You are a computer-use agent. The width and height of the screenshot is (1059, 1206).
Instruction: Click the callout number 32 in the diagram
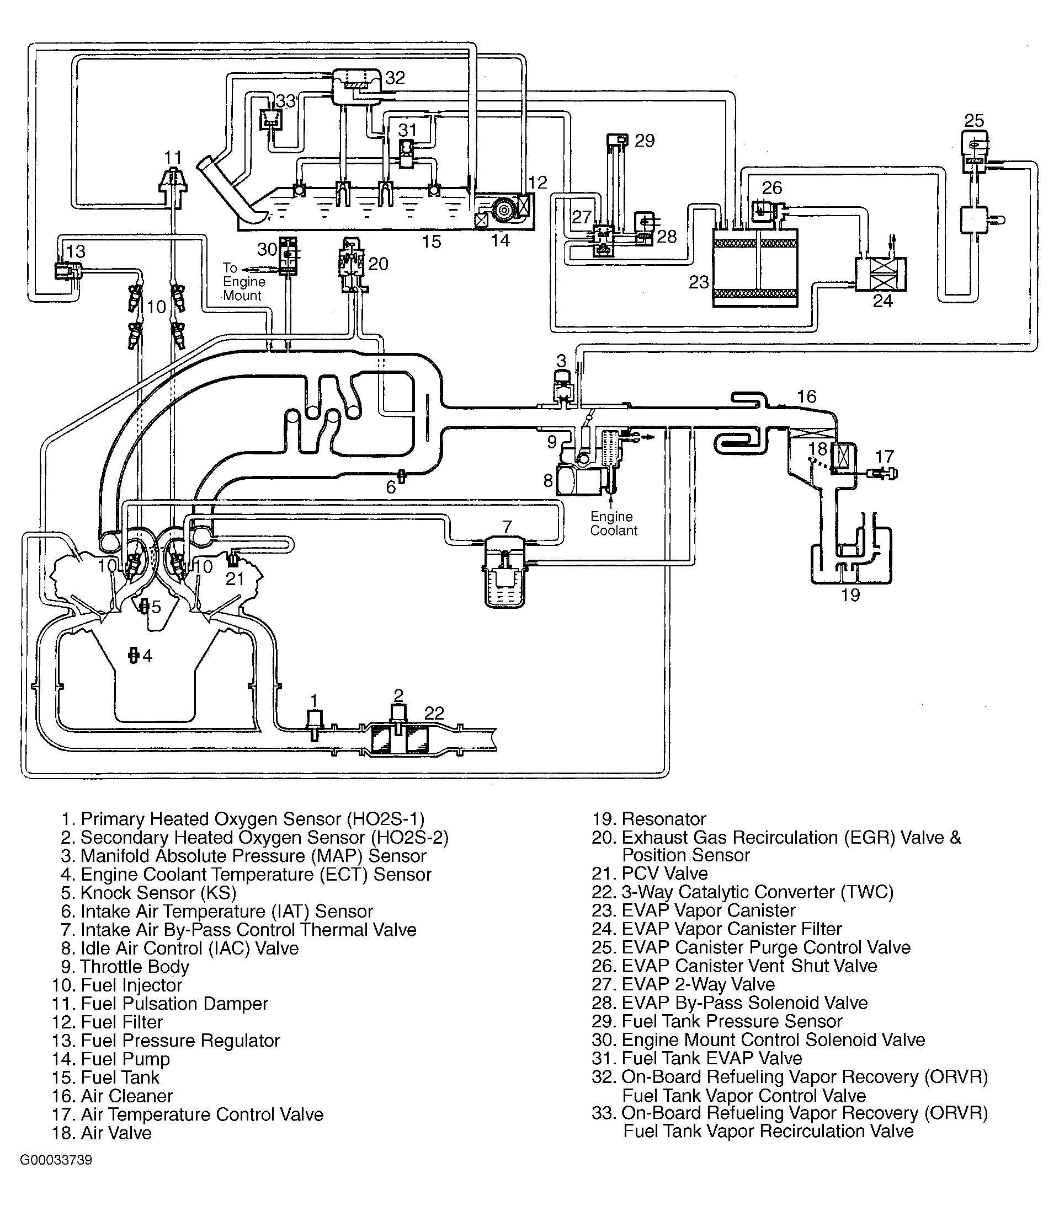(395, 78)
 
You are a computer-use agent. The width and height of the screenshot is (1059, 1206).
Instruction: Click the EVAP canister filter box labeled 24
(881, 275)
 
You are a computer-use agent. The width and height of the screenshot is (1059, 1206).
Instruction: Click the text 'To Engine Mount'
(244, 281)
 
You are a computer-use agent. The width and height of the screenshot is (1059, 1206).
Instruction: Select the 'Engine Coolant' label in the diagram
(613, 523)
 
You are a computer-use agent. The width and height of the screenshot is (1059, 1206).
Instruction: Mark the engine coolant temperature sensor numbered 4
(134, 655)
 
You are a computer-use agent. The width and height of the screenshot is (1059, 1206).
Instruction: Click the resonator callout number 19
(850, 595)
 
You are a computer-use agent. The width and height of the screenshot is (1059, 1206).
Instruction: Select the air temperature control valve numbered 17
(881, 473)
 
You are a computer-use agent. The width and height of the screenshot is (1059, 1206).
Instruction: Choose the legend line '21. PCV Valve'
(650, 873)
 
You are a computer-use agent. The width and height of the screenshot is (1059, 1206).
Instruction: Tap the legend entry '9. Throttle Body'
(125, 967)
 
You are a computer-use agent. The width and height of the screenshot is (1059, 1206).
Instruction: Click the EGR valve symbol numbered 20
(353, 264)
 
